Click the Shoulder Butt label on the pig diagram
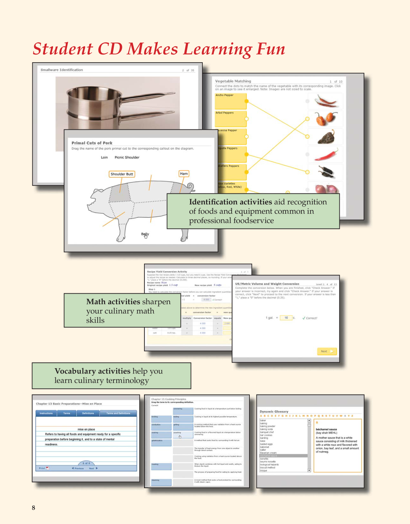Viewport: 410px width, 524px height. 122,174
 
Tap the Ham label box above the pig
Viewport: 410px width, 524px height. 184,174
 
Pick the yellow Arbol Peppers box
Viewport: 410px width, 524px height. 230,119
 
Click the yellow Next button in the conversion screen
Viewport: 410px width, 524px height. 327,351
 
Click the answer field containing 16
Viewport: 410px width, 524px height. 286,318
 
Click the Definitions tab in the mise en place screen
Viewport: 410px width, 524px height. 88,413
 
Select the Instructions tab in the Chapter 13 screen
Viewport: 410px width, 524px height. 46,413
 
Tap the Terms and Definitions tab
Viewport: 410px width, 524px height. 118,413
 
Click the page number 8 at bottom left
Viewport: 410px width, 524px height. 33,507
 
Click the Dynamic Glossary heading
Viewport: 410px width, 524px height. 274,411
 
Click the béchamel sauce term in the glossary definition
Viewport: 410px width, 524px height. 326,429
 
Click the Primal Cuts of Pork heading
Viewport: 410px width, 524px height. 92,143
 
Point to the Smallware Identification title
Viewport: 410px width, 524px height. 61,70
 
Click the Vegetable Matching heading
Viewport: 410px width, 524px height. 233,81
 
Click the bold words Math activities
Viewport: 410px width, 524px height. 113,302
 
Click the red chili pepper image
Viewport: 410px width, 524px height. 326,154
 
